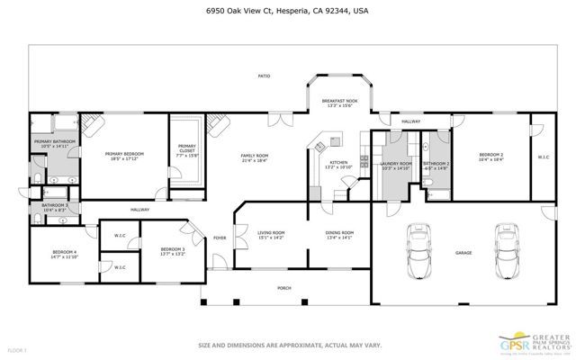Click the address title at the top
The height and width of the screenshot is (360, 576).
[x=287, y=11]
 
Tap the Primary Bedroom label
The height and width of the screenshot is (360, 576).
[x=124, y=157]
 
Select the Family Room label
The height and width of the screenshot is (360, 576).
[x=255, y=158]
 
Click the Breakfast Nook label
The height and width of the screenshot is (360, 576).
[x=339, y=103]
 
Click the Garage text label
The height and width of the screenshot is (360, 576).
[x=463, y=253]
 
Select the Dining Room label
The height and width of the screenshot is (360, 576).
[x=339, y=235]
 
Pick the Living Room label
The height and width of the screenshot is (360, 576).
[x=271, y=235]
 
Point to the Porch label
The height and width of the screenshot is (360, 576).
[x=284, y=288]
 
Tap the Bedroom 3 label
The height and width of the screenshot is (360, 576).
[x=173, y=251]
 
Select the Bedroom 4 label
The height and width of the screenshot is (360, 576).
[x=65, y=254]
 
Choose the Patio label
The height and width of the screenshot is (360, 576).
[x=265, y=76]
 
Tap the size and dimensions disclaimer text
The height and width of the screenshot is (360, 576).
[x=287, y=345]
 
